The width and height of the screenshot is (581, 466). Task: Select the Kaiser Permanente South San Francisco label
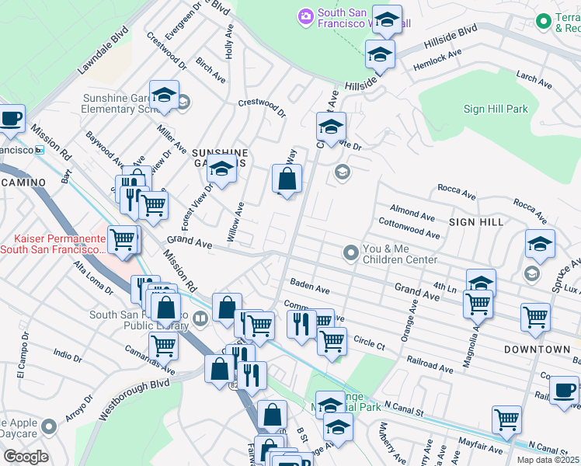click(52, 243)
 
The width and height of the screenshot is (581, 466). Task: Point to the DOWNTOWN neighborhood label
click(537, 349)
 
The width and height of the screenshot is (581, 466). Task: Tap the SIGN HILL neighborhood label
click(476, 222)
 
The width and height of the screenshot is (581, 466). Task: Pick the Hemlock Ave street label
click(437, 60)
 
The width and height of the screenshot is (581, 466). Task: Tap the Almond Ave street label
click(412, 213)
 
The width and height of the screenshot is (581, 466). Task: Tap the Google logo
click(26, 456)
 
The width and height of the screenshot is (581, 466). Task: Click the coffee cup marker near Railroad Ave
click(564, 391)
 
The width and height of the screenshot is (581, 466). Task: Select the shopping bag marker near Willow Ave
click(287, 180)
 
